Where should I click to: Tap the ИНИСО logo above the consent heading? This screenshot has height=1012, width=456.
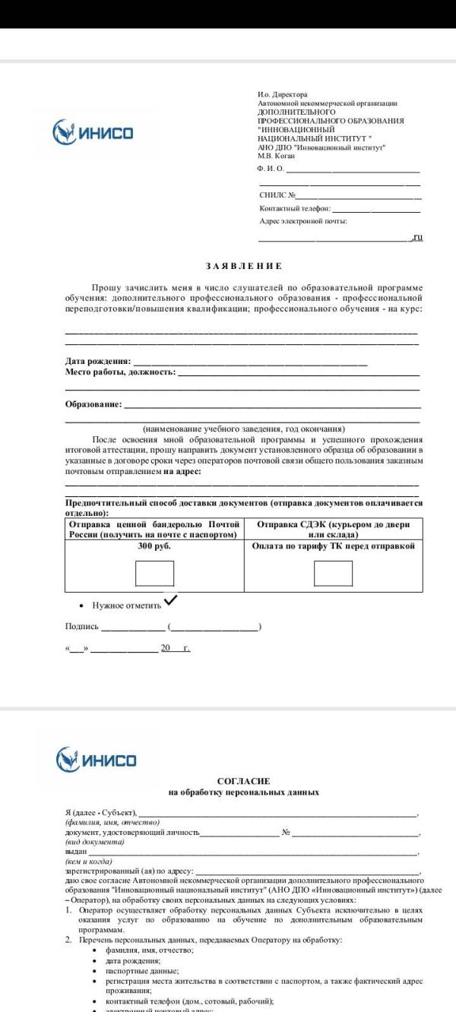tap(97, 759)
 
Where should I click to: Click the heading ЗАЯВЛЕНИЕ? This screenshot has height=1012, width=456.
tap(243, 266)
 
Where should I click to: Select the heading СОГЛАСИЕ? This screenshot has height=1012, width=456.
tap(243, 780)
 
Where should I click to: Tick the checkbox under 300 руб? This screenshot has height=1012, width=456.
tap(154, 573)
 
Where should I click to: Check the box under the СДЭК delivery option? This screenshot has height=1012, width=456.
tap(333, 573)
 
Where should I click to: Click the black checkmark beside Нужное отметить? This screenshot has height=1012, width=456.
tap(171, 600)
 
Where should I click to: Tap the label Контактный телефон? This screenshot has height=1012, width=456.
tap(295, 208)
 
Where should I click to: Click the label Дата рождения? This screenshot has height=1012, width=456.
tap(98, 361)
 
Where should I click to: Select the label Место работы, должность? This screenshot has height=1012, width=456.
tap(120, 372)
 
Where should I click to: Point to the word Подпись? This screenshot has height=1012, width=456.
tap(82, 627)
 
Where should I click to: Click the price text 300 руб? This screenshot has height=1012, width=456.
tap(154, 546)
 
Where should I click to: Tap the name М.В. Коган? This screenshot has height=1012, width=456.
tap(276, 155)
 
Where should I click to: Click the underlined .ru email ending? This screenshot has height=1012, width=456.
tap(416, 238)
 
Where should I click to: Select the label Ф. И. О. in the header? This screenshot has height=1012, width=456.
tap(271, 168)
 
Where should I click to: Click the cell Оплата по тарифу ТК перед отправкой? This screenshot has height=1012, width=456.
tap(333, 546)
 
